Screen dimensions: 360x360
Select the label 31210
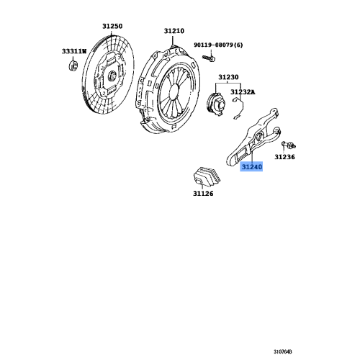174,31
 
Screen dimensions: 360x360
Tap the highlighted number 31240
251,167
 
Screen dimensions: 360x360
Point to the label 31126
203,194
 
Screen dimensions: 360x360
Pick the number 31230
228,76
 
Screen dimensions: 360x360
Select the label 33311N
73,51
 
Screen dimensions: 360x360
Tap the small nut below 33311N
73,67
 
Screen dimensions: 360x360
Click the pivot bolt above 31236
284,145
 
